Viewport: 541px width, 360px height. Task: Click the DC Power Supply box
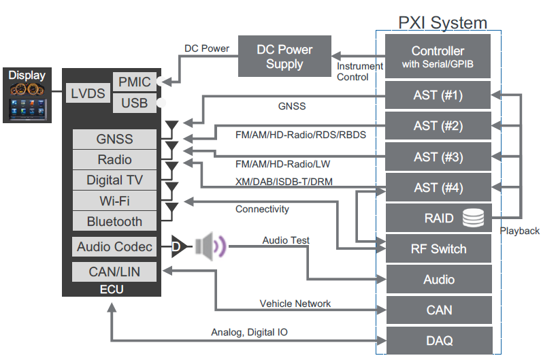pyautogui.click(x=284, y=56)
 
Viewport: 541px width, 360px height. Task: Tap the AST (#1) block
pyautogui.click(x=438, y=95)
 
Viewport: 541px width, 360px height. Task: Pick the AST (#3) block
pyautogui.click(x=438, y=157)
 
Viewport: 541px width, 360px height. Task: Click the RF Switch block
pyautogui.click(x=438, y=248)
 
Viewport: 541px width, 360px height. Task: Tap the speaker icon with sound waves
pyautogui.click(x=210, y=246)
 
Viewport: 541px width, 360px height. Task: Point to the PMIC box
pyautogui.click(x=134, y=82)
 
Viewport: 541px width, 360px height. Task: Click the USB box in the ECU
pyautogui.click(x=134, y=103)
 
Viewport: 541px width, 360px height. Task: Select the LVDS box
pyautogui.click(x=88, y=93)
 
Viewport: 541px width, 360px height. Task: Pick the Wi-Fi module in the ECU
pyautogui.click(x=114, y=201)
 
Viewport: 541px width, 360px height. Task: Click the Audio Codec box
pyautogui.click(x=114, y=246)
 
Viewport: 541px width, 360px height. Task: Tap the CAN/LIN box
pyautogui.click(x=114, y=272)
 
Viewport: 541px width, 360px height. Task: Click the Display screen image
pyautogui.click(x=28, y=95)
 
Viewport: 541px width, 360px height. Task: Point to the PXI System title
pyautogui.click(x=442, y=22)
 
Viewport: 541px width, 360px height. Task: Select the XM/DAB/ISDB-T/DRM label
pyautogui.click(x=284, y=181)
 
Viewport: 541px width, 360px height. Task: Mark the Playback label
pyautogui.click(x=519, y=231)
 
